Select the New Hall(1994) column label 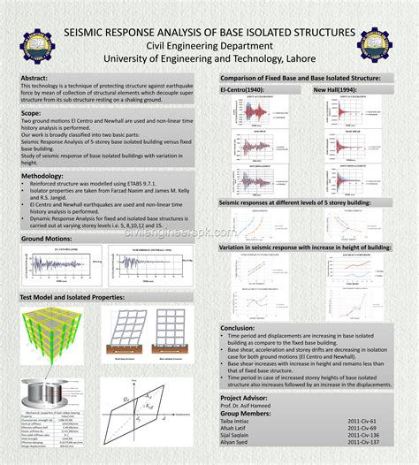click(x=334, y=90)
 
